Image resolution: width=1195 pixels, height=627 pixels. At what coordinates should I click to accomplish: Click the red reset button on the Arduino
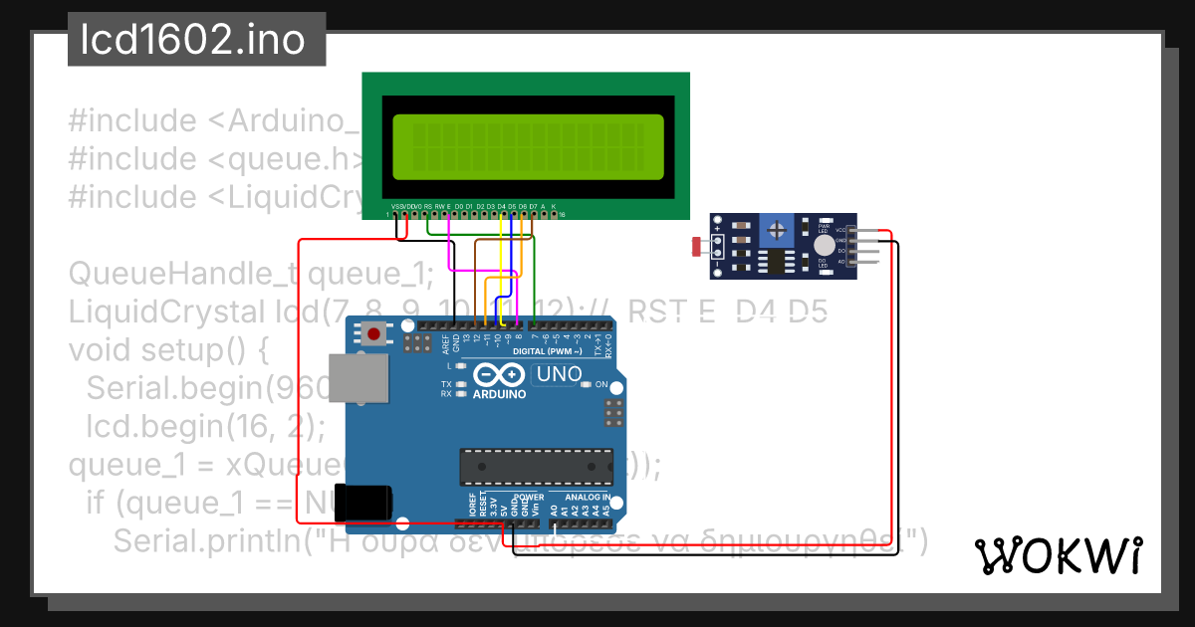tap(373, 334)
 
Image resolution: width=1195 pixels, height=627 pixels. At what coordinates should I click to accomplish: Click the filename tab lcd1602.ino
tap(196, 41)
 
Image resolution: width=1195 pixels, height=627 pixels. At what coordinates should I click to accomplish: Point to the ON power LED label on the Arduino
tap(601, 384)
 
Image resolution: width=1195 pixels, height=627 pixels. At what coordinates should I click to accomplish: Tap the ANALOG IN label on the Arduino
tap(587, 497)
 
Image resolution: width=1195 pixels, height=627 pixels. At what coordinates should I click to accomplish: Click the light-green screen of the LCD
tap(528, 147)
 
